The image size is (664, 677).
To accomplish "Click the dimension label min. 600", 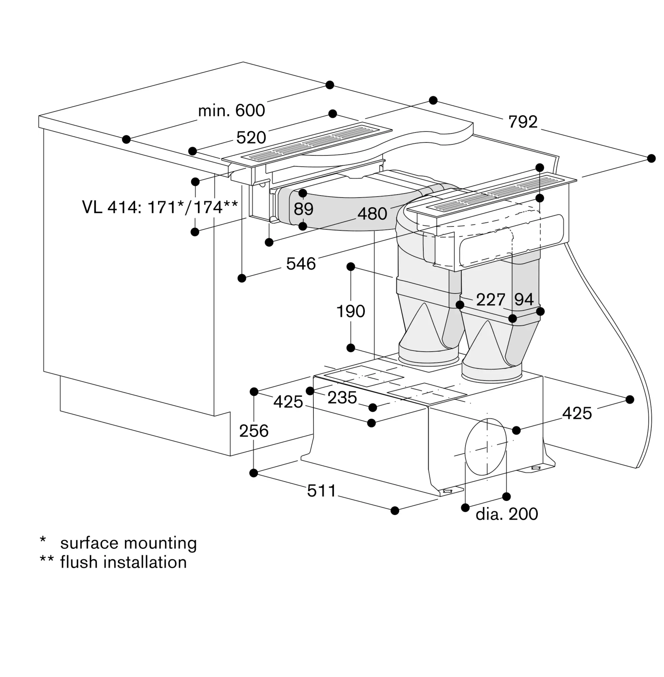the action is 231,111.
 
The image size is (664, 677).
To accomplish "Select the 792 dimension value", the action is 523,122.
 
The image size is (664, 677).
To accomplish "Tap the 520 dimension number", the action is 251,138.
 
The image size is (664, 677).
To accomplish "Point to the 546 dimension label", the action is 301,264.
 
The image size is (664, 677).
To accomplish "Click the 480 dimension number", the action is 372,214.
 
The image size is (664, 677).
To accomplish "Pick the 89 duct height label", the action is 304,209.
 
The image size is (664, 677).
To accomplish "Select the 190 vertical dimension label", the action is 351,311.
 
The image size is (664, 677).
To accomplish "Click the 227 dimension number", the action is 491,300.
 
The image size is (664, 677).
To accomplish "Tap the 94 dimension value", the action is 524,299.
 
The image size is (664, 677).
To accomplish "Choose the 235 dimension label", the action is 342,398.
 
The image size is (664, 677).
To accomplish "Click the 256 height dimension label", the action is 254,431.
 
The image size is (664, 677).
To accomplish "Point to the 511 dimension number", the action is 322,491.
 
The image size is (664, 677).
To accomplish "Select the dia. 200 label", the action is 507,514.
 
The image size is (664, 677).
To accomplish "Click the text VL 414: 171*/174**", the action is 160,207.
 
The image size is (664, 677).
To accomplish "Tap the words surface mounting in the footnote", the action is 128,543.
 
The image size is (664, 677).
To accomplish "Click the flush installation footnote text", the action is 124,563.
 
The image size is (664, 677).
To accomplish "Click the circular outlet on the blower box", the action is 485,447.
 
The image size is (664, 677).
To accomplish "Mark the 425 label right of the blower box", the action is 577,414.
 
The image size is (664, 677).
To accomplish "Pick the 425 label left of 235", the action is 288,402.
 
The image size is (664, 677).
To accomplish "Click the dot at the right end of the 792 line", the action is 651,158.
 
